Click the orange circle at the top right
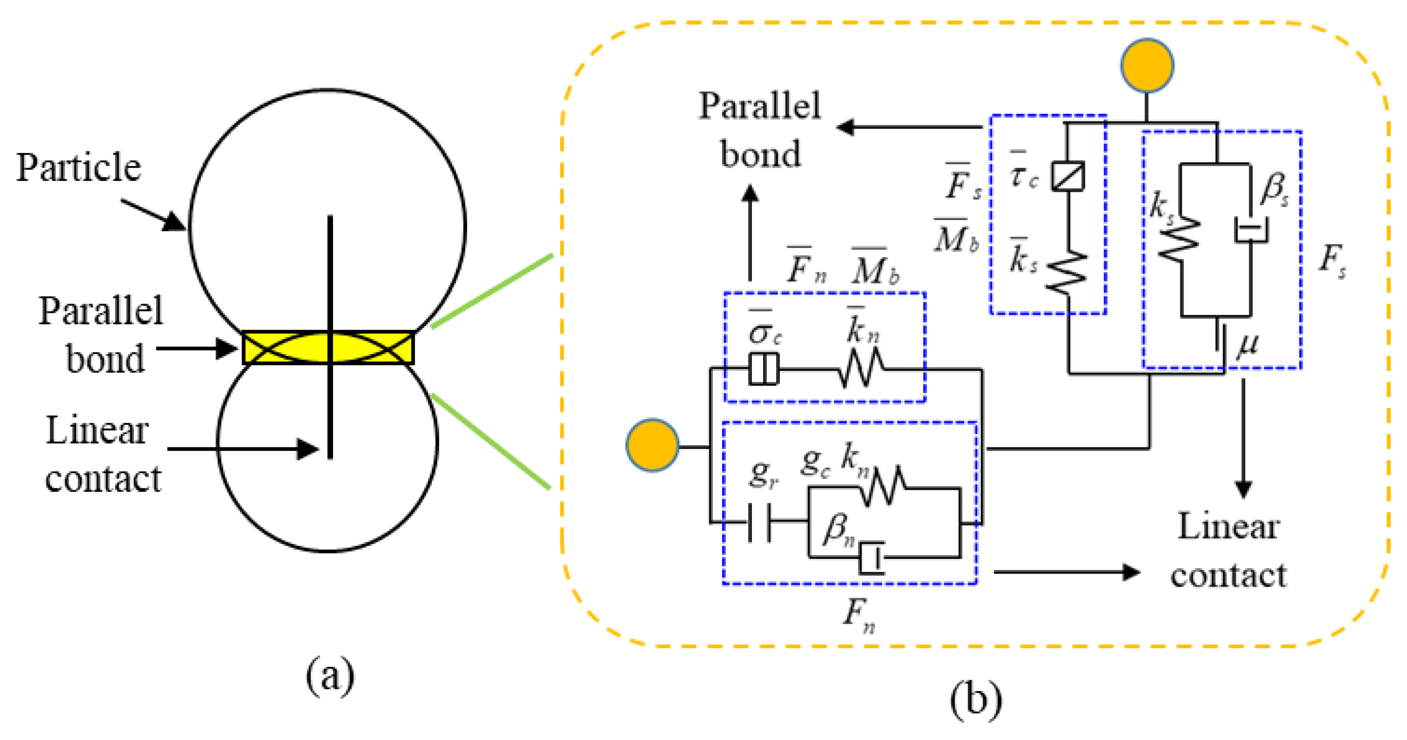point(1147,65)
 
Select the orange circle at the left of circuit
point(652,445)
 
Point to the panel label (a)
point(329,677)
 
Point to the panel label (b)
point(976,700)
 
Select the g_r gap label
point(764,473)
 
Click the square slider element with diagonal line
point(1068,176)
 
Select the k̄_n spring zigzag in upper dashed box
point(861,370)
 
